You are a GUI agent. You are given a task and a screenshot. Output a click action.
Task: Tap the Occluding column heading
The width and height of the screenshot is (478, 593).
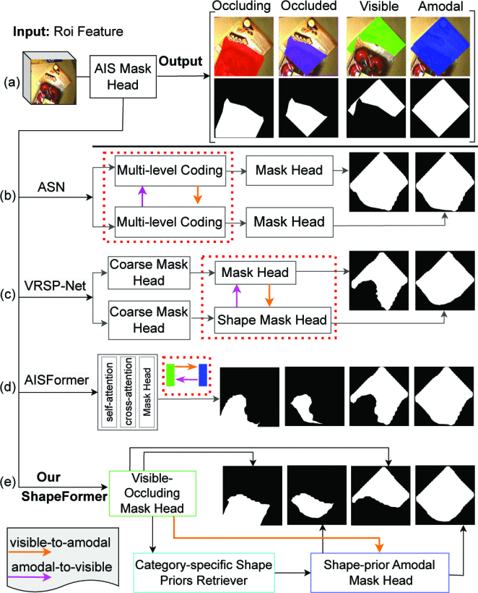[x=240, y=6]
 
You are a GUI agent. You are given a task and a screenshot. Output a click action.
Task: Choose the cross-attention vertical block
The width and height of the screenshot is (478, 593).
[x=128, y=391]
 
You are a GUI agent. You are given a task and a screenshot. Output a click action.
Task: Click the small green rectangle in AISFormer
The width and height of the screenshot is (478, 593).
[x=169, y=375]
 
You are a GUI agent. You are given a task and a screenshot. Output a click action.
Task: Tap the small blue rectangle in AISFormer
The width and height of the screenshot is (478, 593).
[x=204, y=375]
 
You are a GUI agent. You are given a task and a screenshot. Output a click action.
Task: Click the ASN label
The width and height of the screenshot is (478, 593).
[x=53, y=187]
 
